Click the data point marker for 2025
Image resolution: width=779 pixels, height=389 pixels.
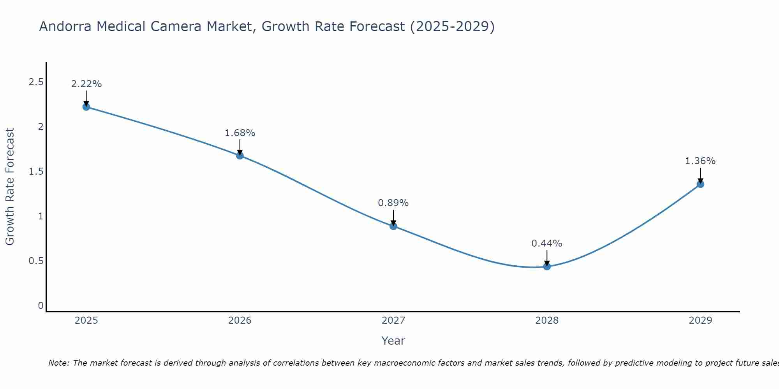click(86, 107)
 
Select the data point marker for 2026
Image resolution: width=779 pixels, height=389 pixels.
click(240, 156)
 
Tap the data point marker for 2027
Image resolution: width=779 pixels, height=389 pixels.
click(393, 226)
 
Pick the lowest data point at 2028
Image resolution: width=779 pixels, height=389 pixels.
click(547, 266)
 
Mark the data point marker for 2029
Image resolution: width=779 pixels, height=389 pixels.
click(700, 184)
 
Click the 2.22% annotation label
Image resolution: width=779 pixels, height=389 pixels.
click(86, 84)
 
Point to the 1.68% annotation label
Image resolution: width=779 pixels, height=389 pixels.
click(240, 133)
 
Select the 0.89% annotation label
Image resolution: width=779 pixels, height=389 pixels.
click(393, 203)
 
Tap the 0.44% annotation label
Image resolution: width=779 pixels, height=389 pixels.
click(547, 244)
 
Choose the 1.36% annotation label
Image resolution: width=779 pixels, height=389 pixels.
click(700, 161)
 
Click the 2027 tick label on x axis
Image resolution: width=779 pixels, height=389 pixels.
click(393, 321)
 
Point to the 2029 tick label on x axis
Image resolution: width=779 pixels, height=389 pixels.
click(700, 321)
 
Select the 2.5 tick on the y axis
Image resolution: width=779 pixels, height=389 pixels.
click(36, 82)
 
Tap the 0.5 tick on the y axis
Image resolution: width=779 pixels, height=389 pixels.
click(36, 261)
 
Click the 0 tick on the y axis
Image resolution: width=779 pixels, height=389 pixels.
click(41, 305)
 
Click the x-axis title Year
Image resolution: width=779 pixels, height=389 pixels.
click(393, 341)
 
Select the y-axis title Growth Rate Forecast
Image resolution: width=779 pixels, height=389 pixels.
click(10, 187)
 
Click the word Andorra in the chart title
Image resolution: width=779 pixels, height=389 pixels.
click(65, 27)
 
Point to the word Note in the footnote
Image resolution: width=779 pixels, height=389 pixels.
click(58, 363)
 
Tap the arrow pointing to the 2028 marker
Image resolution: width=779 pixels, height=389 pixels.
click(547, 258)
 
